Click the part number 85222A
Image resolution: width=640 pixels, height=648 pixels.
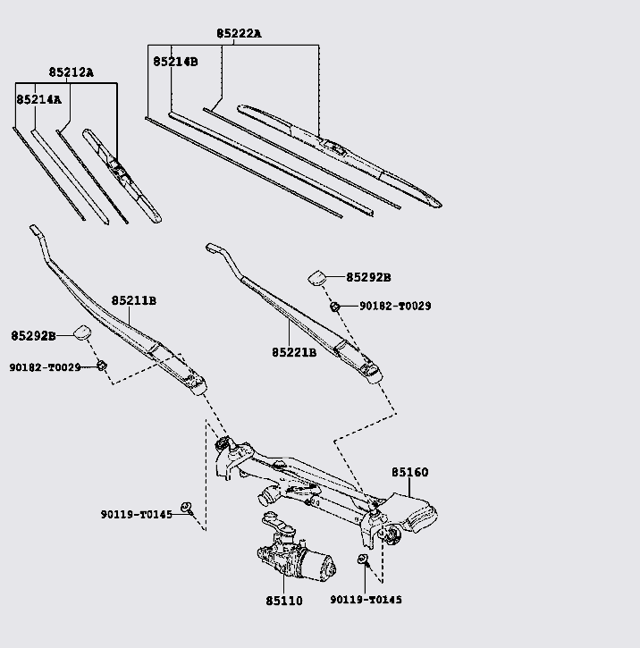click(239, 33)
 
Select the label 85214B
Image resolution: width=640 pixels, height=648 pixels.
click(175, 62)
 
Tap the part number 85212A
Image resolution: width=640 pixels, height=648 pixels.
click(72, 72)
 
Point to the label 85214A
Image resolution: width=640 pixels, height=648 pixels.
click(38, 99)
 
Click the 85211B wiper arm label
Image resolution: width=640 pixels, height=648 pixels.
click(134, 300)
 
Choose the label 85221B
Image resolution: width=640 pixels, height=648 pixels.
click(294, 352)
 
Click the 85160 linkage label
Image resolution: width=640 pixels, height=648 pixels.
click(410, 472)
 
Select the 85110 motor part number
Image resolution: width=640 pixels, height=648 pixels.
click(284, 601)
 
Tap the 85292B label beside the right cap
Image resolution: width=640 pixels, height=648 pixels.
click(368, 277)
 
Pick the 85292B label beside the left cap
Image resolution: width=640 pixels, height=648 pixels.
click(33, 336)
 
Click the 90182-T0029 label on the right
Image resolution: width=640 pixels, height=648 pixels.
click(395, 307)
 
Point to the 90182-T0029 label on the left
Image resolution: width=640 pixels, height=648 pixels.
click(45, 367)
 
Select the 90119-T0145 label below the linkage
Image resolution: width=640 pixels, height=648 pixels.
click(366, 600)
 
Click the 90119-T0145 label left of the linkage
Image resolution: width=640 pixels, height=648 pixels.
click(137, 515)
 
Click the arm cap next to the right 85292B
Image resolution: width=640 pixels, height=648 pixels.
click(317, 278)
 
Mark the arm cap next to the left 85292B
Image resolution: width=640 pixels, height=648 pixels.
click(82, 332)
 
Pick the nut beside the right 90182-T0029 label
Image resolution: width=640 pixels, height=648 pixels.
click(335, 307)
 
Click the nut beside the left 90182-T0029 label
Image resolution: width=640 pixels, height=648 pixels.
click(102, 366)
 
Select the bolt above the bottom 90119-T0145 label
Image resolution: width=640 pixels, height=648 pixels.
click(363, 560)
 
